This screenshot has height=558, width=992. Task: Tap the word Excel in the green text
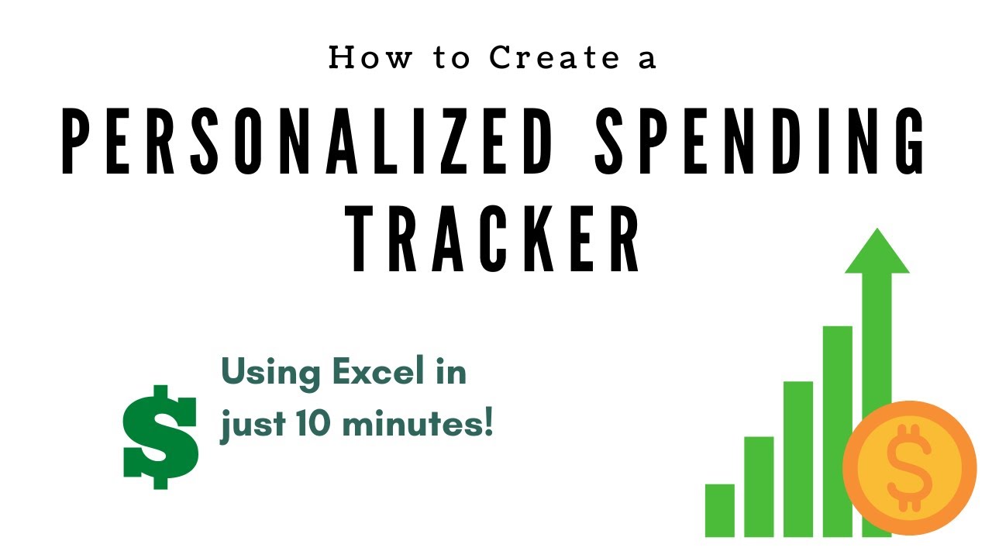point(377,373)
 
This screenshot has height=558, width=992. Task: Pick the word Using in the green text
point(272,373)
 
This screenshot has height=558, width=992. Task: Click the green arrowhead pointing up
point(877,253)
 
